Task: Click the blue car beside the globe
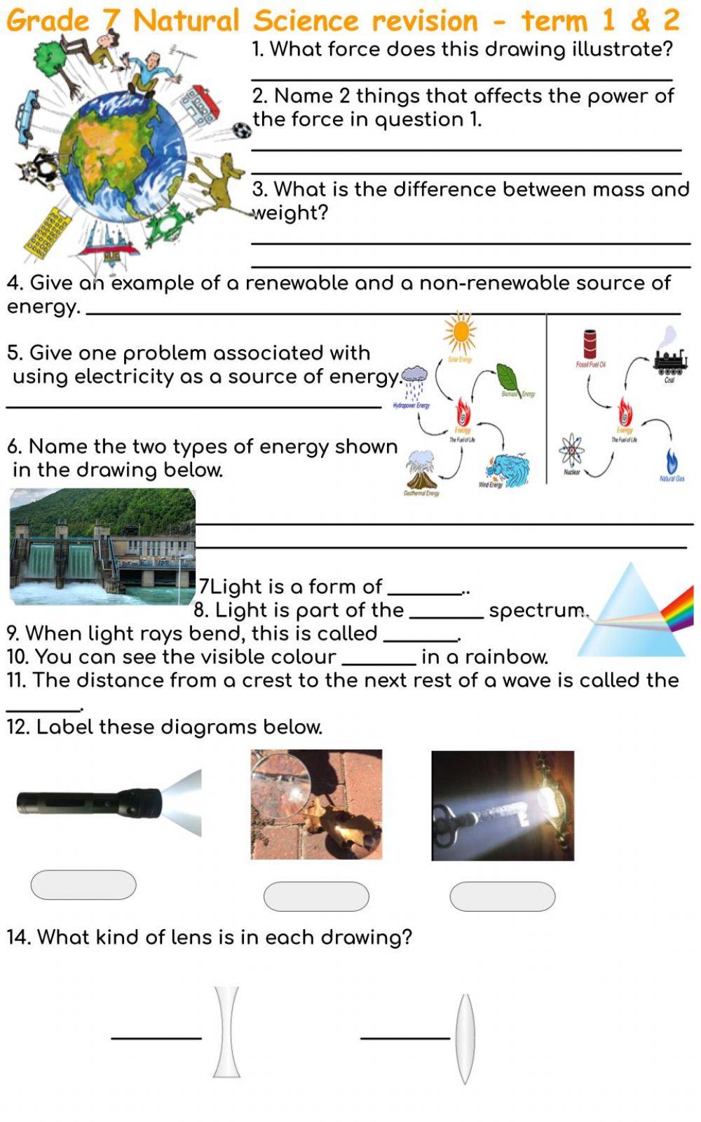click(x=26, y=118)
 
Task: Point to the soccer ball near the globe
click(x=241, y=130)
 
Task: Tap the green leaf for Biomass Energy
click(x=509, y=378)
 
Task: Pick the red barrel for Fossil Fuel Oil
click(x=590, y=344)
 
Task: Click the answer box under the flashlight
click(x=83, y=885)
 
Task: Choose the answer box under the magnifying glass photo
click(x=316, y=896)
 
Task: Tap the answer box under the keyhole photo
click(x=502, y=896)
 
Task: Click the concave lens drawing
click(x=226, y=1032)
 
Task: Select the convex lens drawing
click(x=465, y=1038)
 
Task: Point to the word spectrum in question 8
click(x=537, y=611)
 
